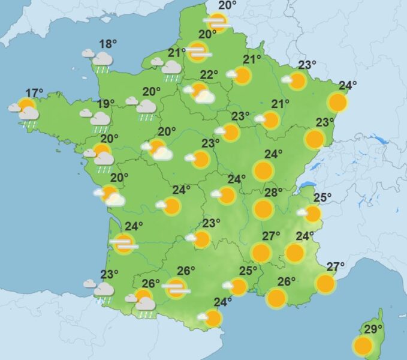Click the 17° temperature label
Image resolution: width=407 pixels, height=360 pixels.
(34, 93)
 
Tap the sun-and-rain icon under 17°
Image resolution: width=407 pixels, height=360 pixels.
(26, 110)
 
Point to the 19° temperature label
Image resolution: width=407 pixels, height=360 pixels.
(105, 104)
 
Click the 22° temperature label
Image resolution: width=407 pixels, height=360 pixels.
(209, 75)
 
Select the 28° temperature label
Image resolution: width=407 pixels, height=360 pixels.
(273, 193)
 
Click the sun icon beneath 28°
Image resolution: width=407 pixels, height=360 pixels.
(263, 209)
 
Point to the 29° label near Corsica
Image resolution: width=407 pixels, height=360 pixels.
(373, 329)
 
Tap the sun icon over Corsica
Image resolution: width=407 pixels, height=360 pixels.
(363, 346)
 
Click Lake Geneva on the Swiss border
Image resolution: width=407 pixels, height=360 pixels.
(307, 185)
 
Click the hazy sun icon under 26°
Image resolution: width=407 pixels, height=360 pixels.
(176, 289)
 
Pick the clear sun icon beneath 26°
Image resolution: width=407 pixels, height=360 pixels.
(276, 298)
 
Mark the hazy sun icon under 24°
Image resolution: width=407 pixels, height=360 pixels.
(124, 243)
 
